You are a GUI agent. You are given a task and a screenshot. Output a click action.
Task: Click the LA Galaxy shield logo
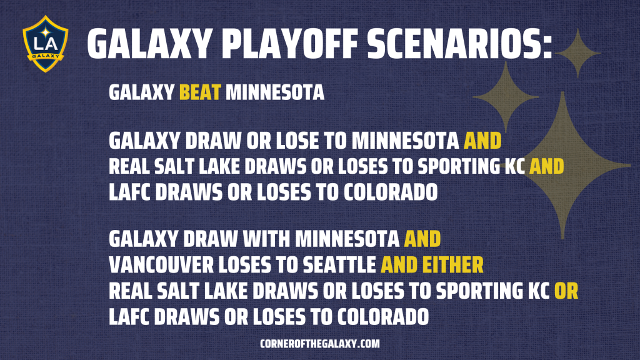(x=45, y=44)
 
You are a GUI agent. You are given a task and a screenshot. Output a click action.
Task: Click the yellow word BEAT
(x=200, y=92)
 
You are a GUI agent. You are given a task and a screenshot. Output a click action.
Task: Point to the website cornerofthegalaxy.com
(x=319, y=344)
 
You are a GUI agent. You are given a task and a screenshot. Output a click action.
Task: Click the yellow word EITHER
(x=452, y=265)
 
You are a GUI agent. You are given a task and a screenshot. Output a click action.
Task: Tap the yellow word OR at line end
(x=566, y=291)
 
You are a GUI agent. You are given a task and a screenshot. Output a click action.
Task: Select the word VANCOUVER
(x=161, y=265)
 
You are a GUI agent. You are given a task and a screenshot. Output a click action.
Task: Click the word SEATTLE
(x=339, y=265)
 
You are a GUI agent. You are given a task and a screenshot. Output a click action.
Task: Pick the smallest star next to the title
(x=577, y=53)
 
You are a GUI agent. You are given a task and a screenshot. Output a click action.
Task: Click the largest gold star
(x=563, y=165)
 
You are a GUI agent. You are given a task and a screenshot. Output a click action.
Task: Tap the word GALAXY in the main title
(x=149, y=44)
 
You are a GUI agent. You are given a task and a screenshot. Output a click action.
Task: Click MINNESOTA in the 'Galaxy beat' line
(x=275, y=92)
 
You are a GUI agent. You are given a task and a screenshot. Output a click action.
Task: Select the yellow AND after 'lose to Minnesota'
(x=482, y=141)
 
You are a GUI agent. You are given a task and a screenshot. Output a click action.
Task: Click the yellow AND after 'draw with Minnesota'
(x=422, y=239)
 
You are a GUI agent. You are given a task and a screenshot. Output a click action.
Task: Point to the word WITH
(x=266, y=239)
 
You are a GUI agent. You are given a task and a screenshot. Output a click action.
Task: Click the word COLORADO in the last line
(x=382, y=317)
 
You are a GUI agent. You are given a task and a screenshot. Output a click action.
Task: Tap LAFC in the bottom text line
(x=129, y=317)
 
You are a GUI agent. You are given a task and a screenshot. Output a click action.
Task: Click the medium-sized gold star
(x=506, y=97)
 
